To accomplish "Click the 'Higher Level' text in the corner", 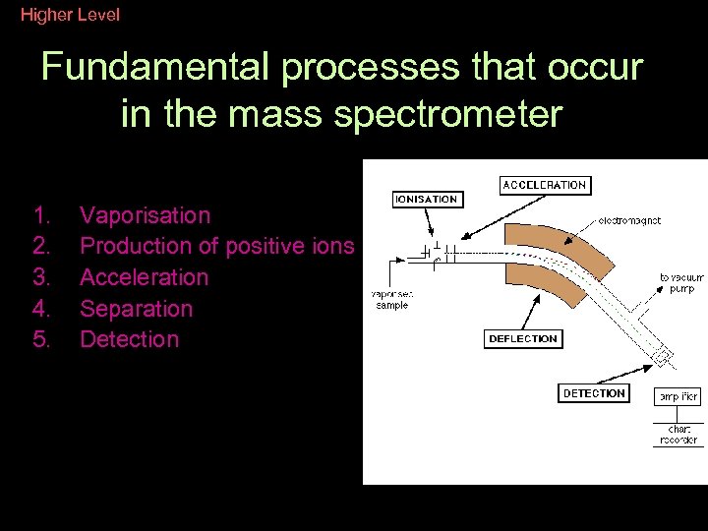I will [x=70, y=15].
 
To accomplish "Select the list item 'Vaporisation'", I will [x=145, y=215].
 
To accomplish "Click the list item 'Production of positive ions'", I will [x=216, y=246].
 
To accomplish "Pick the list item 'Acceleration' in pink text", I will [x=144, y=277].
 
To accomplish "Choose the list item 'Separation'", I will [x=136, y=309].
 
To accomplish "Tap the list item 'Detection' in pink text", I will [x=129, y=339].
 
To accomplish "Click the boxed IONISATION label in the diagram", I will [x=426, y=199].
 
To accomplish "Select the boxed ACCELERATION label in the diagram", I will [x=544, y=185].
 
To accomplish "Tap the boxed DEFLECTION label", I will [x=522, y=339].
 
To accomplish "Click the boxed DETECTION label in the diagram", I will [x=594, y=393].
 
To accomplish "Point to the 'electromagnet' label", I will [x=629, y=221].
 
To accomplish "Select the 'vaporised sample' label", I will [x=391, y=299].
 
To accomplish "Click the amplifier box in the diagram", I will [x=678, y=397].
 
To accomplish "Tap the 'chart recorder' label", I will [x=678, y=435].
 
